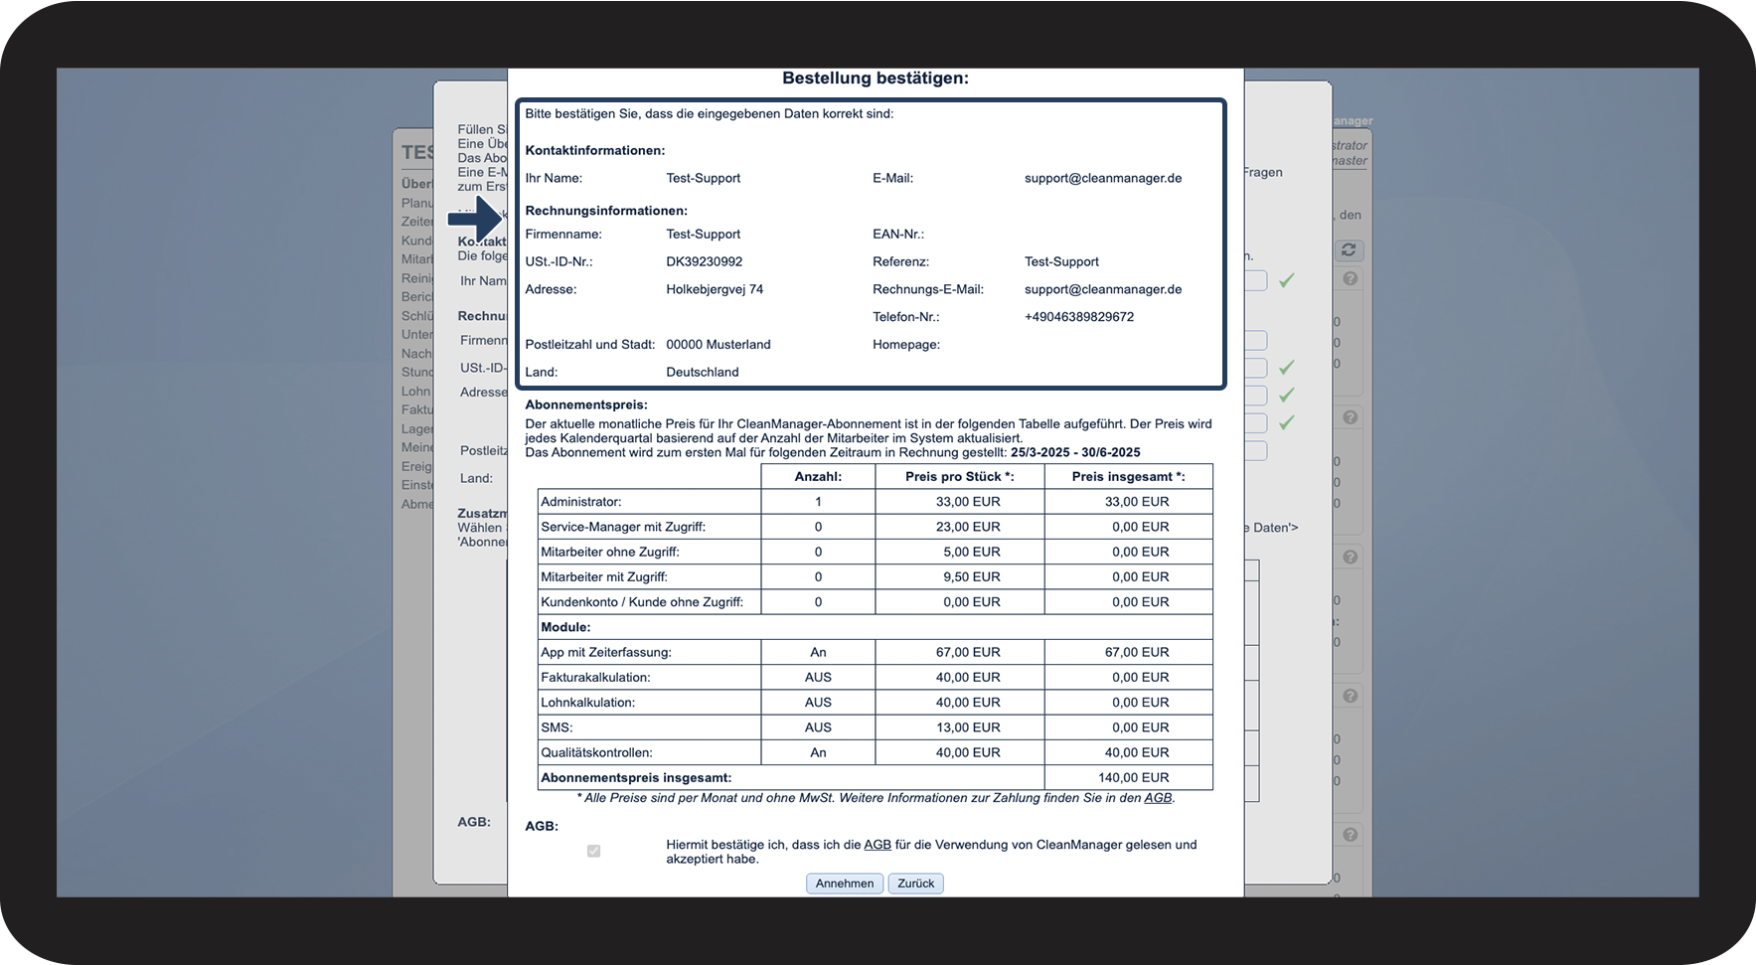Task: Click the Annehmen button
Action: pos(844,884)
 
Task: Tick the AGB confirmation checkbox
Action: pos(593,851)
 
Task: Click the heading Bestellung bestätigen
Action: pos(875,79)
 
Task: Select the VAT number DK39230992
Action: pos(704,261)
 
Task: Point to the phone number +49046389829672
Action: pos(1078,317)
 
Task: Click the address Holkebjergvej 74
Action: pos(715,289)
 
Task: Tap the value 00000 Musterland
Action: pos(718,345)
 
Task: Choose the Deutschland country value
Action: pos(702,372)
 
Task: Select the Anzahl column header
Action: pos(818,476)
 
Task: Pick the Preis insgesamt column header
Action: pos(1128,476)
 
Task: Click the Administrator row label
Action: pos(581,502)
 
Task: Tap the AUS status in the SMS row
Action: pos(818,727)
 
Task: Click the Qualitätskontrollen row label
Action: pos(596,752)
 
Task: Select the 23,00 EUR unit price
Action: pos(968,527)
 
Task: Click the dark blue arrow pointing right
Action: pos(476,219)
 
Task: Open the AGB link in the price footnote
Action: pos(1157,797)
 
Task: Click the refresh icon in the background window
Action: pos(1348,249)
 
